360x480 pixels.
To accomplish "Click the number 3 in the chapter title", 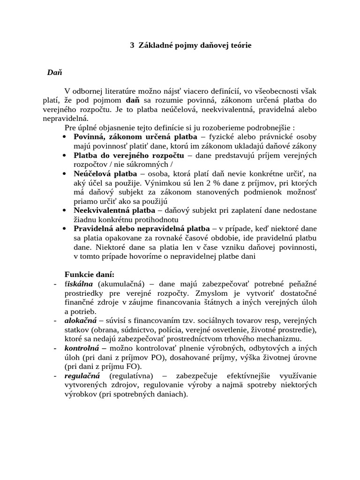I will pyautogui.click(x=132, y=45).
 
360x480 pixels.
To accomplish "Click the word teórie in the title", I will pyautogui.click(x=240, y=45).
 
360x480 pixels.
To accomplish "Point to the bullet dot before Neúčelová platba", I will pyautogui.click(x=64, y=174).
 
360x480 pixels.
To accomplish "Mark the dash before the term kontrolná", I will pyautogui.click(x=55, y=348).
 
